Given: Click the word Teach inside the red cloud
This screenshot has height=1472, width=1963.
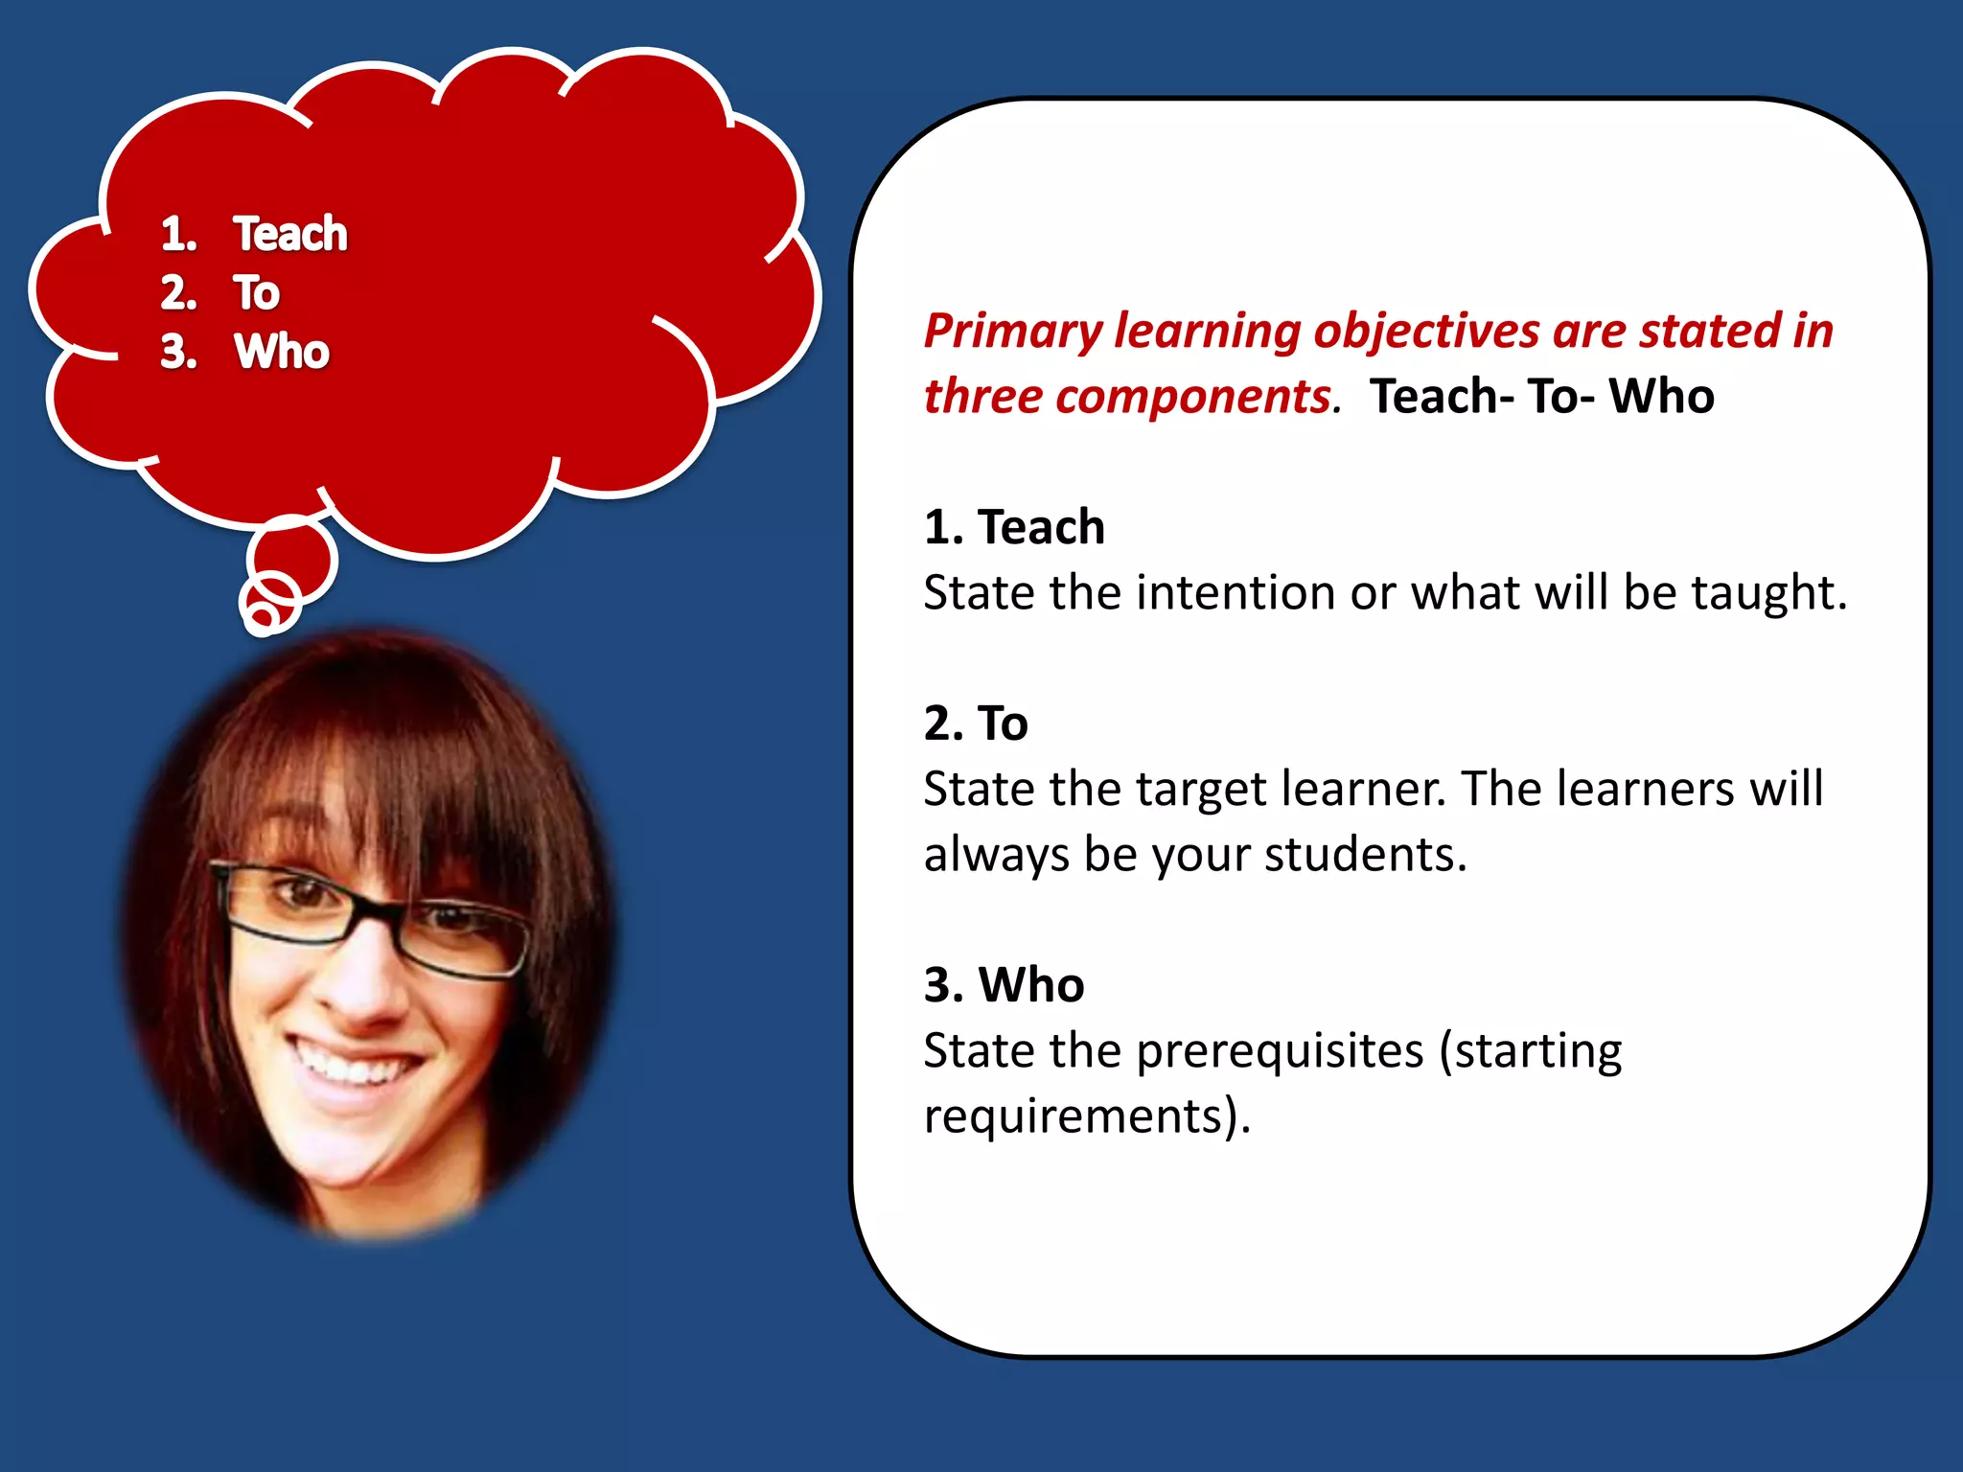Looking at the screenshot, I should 290,234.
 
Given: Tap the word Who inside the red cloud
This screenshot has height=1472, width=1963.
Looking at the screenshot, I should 282,352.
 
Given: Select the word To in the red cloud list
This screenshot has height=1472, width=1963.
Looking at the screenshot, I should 256,292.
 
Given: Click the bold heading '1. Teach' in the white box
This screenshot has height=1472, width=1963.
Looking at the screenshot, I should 1014,527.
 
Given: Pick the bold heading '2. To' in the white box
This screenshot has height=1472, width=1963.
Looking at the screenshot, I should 976,723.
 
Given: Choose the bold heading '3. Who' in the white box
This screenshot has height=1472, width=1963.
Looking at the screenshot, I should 1004,984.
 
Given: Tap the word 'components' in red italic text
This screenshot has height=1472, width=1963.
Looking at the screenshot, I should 1192,397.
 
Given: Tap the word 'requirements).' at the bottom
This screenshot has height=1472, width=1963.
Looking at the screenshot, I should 1087,1116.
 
